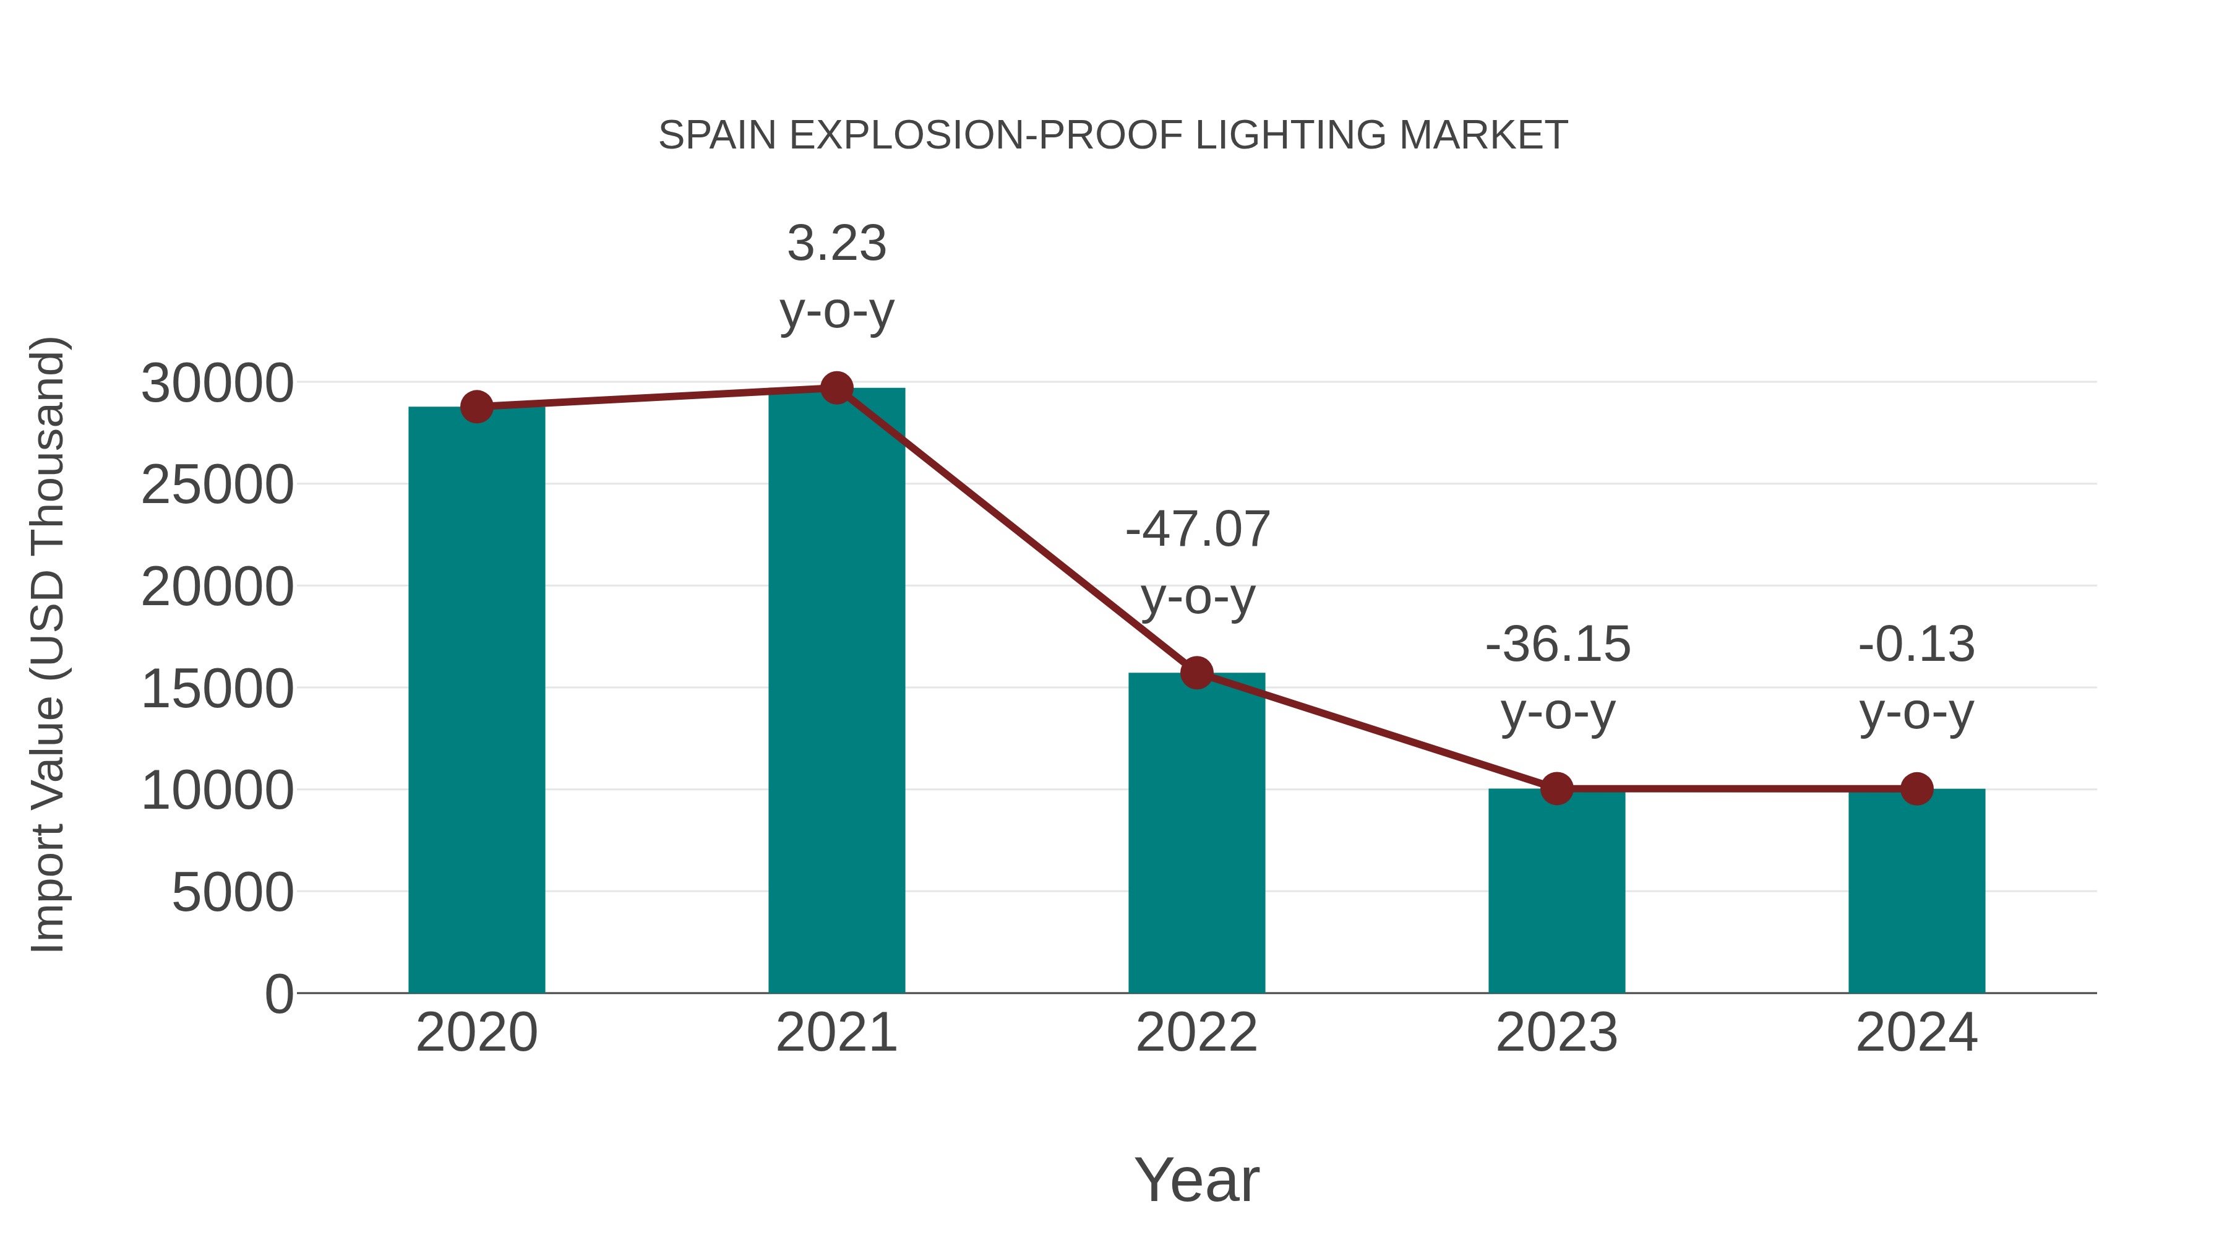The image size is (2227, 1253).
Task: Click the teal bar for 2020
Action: pos(476,700)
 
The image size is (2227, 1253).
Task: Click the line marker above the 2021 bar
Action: pos(836,388)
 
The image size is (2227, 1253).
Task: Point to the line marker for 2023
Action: pos(1556,789)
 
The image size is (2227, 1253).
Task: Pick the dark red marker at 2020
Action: pos(476,407)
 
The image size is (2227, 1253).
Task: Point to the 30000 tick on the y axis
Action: pos(217,383)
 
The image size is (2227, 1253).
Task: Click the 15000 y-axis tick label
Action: pos(217,689)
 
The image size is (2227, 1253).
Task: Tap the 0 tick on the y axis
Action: pos(279,994)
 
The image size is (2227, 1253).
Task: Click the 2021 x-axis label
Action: pos(836,1033)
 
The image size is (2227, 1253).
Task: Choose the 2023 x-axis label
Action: pos(1556,1033)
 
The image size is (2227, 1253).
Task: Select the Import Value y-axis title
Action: pos(48,644)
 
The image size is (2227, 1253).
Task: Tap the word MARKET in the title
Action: pos(1483,136)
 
